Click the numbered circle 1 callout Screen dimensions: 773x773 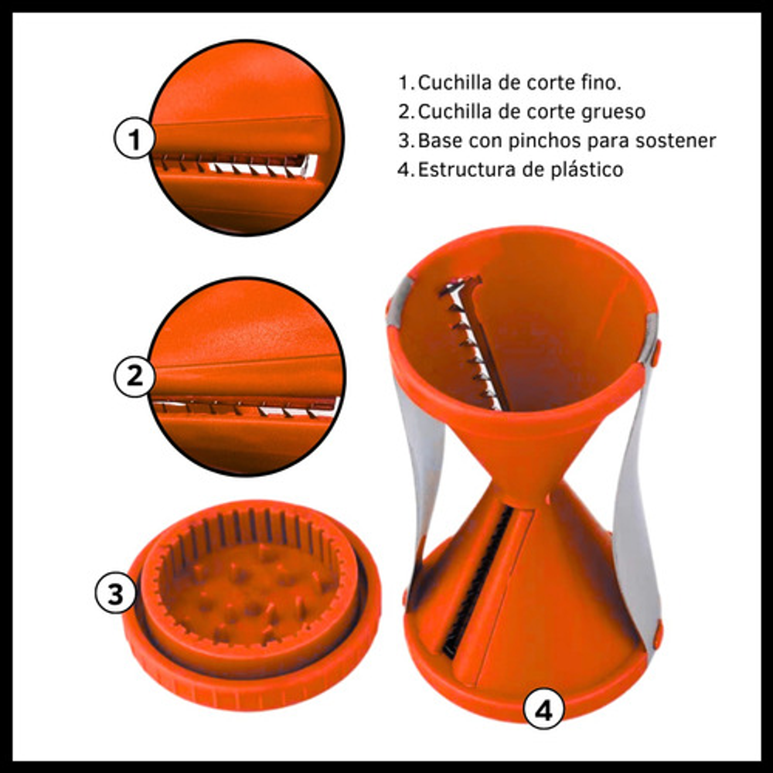pos(135,138)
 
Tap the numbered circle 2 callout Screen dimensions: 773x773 pos(135,376)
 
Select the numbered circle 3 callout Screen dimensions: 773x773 pos(115,593)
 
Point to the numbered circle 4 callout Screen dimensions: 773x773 pos(543,710)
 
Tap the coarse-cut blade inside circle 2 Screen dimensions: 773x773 pos(247,407)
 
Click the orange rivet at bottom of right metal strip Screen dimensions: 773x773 pos(657,636)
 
